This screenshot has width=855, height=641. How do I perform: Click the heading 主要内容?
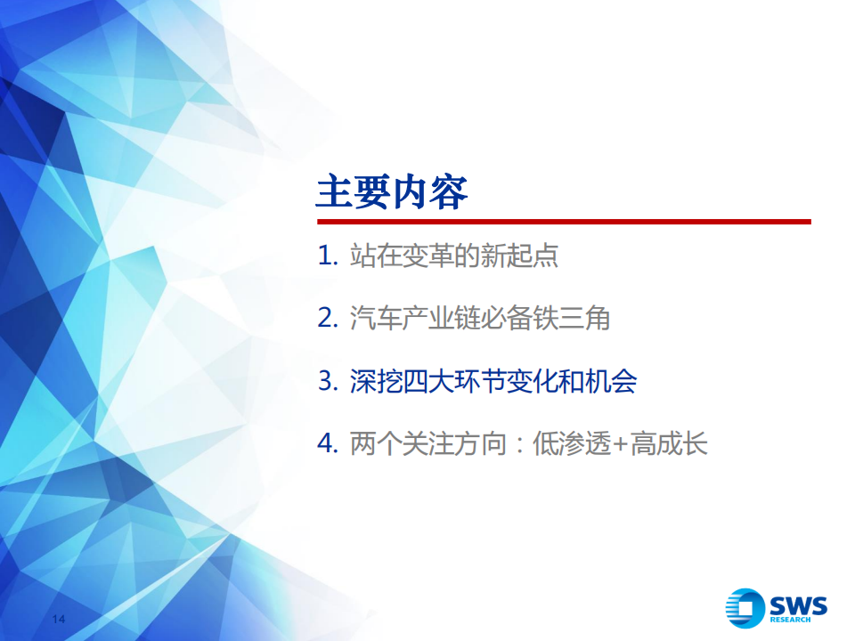coord(392,192)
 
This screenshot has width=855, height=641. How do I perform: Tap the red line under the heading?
coord(564,222)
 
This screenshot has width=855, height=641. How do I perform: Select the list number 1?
coord(328,256)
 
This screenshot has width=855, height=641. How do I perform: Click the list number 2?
coord(328,318)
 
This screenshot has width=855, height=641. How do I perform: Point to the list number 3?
coord(328,380)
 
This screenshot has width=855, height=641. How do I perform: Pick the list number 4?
coord(328,443)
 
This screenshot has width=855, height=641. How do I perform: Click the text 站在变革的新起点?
coord(453,256)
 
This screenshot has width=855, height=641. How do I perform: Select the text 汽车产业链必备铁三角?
coord(480,318)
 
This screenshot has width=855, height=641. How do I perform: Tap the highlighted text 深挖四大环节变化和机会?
coord(493,380)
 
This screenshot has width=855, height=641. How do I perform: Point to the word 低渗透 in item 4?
coord(572,443)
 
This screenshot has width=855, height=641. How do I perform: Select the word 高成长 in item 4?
coord(669,443)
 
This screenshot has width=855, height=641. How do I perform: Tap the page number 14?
coord(59,620)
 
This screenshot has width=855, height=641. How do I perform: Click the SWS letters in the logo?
coord(798,605)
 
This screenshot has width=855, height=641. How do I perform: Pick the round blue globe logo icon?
coord(745,608)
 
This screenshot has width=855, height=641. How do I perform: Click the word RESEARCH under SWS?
coord(790,620)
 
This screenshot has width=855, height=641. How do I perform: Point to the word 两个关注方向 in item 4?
coord(428,443)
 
